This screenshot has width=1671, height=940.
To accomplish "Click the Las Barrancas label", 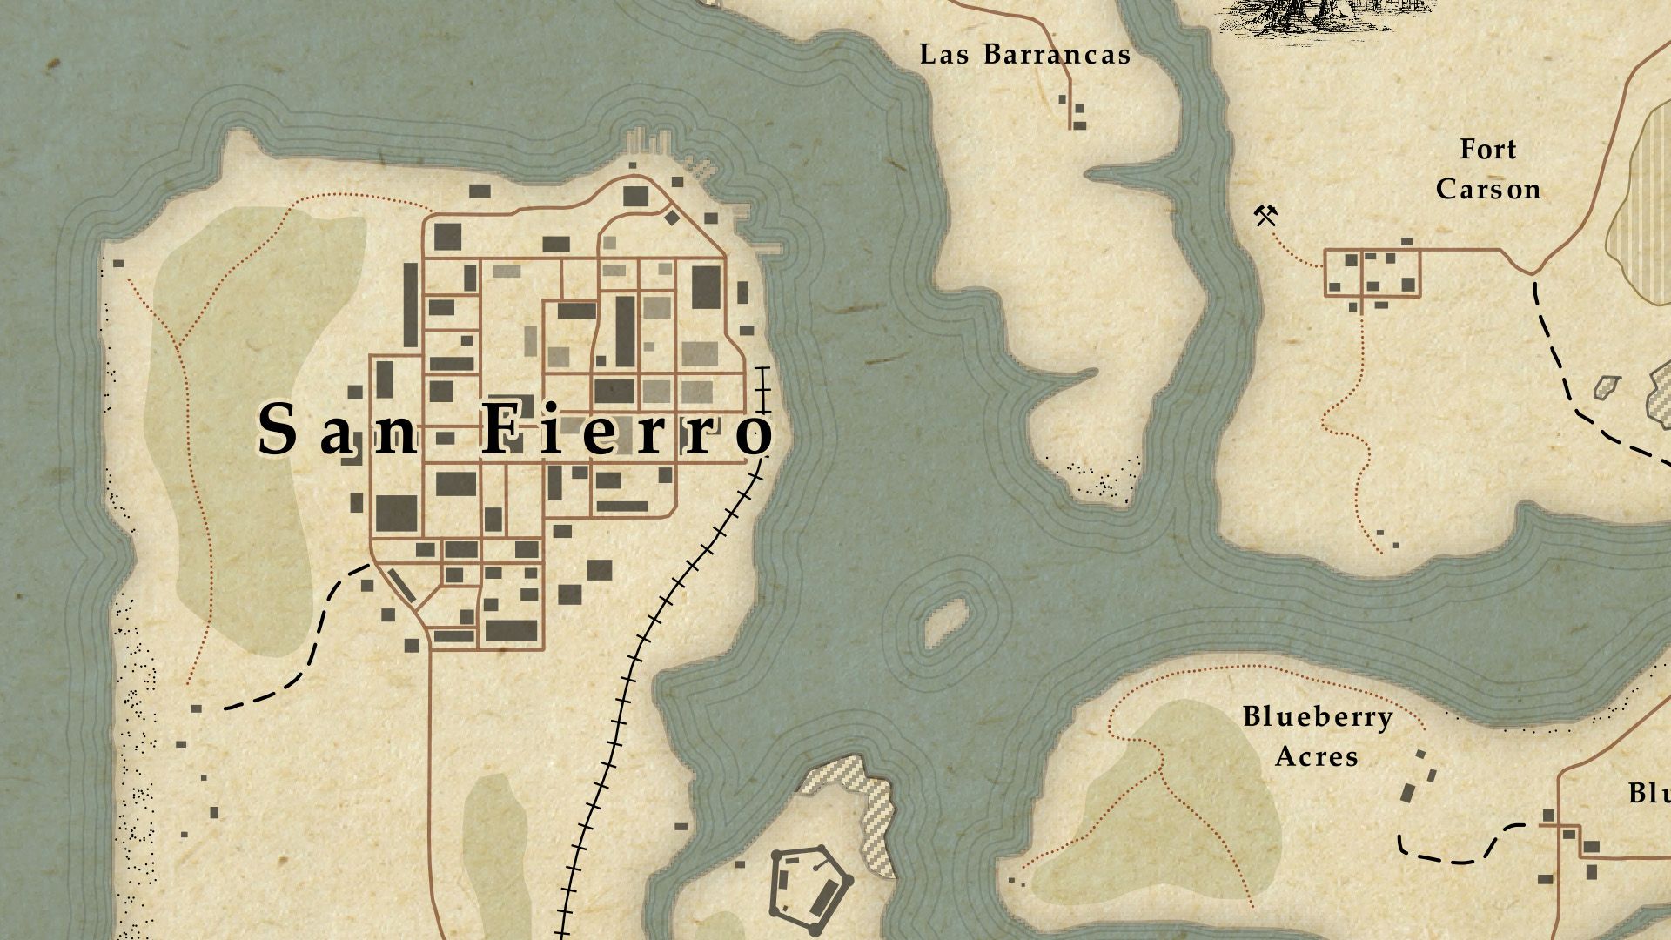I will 1024,55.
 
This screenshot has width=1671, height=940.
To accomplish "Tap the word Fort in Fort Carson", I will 1487,150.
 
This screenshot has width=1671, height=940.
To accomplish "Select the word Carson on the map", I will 1487,189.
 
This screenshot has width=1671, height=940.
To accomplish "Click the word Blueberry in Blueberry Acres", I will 1317,718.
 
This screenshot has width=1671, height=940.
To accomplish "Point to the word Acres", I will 1316,756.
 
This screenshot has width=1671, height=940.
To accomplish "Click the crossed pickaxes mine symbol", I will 1265,214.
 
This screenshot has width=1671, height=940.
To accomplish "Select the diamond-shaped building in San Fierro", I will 672,217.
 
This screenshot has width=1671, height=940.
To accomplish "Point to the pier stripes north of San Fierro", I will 648,142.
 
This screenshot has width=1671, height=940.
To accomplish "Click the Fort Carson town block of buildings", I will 1372,272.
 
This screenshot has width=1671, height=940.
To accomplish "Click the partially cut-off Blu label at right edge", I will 1649,794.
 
